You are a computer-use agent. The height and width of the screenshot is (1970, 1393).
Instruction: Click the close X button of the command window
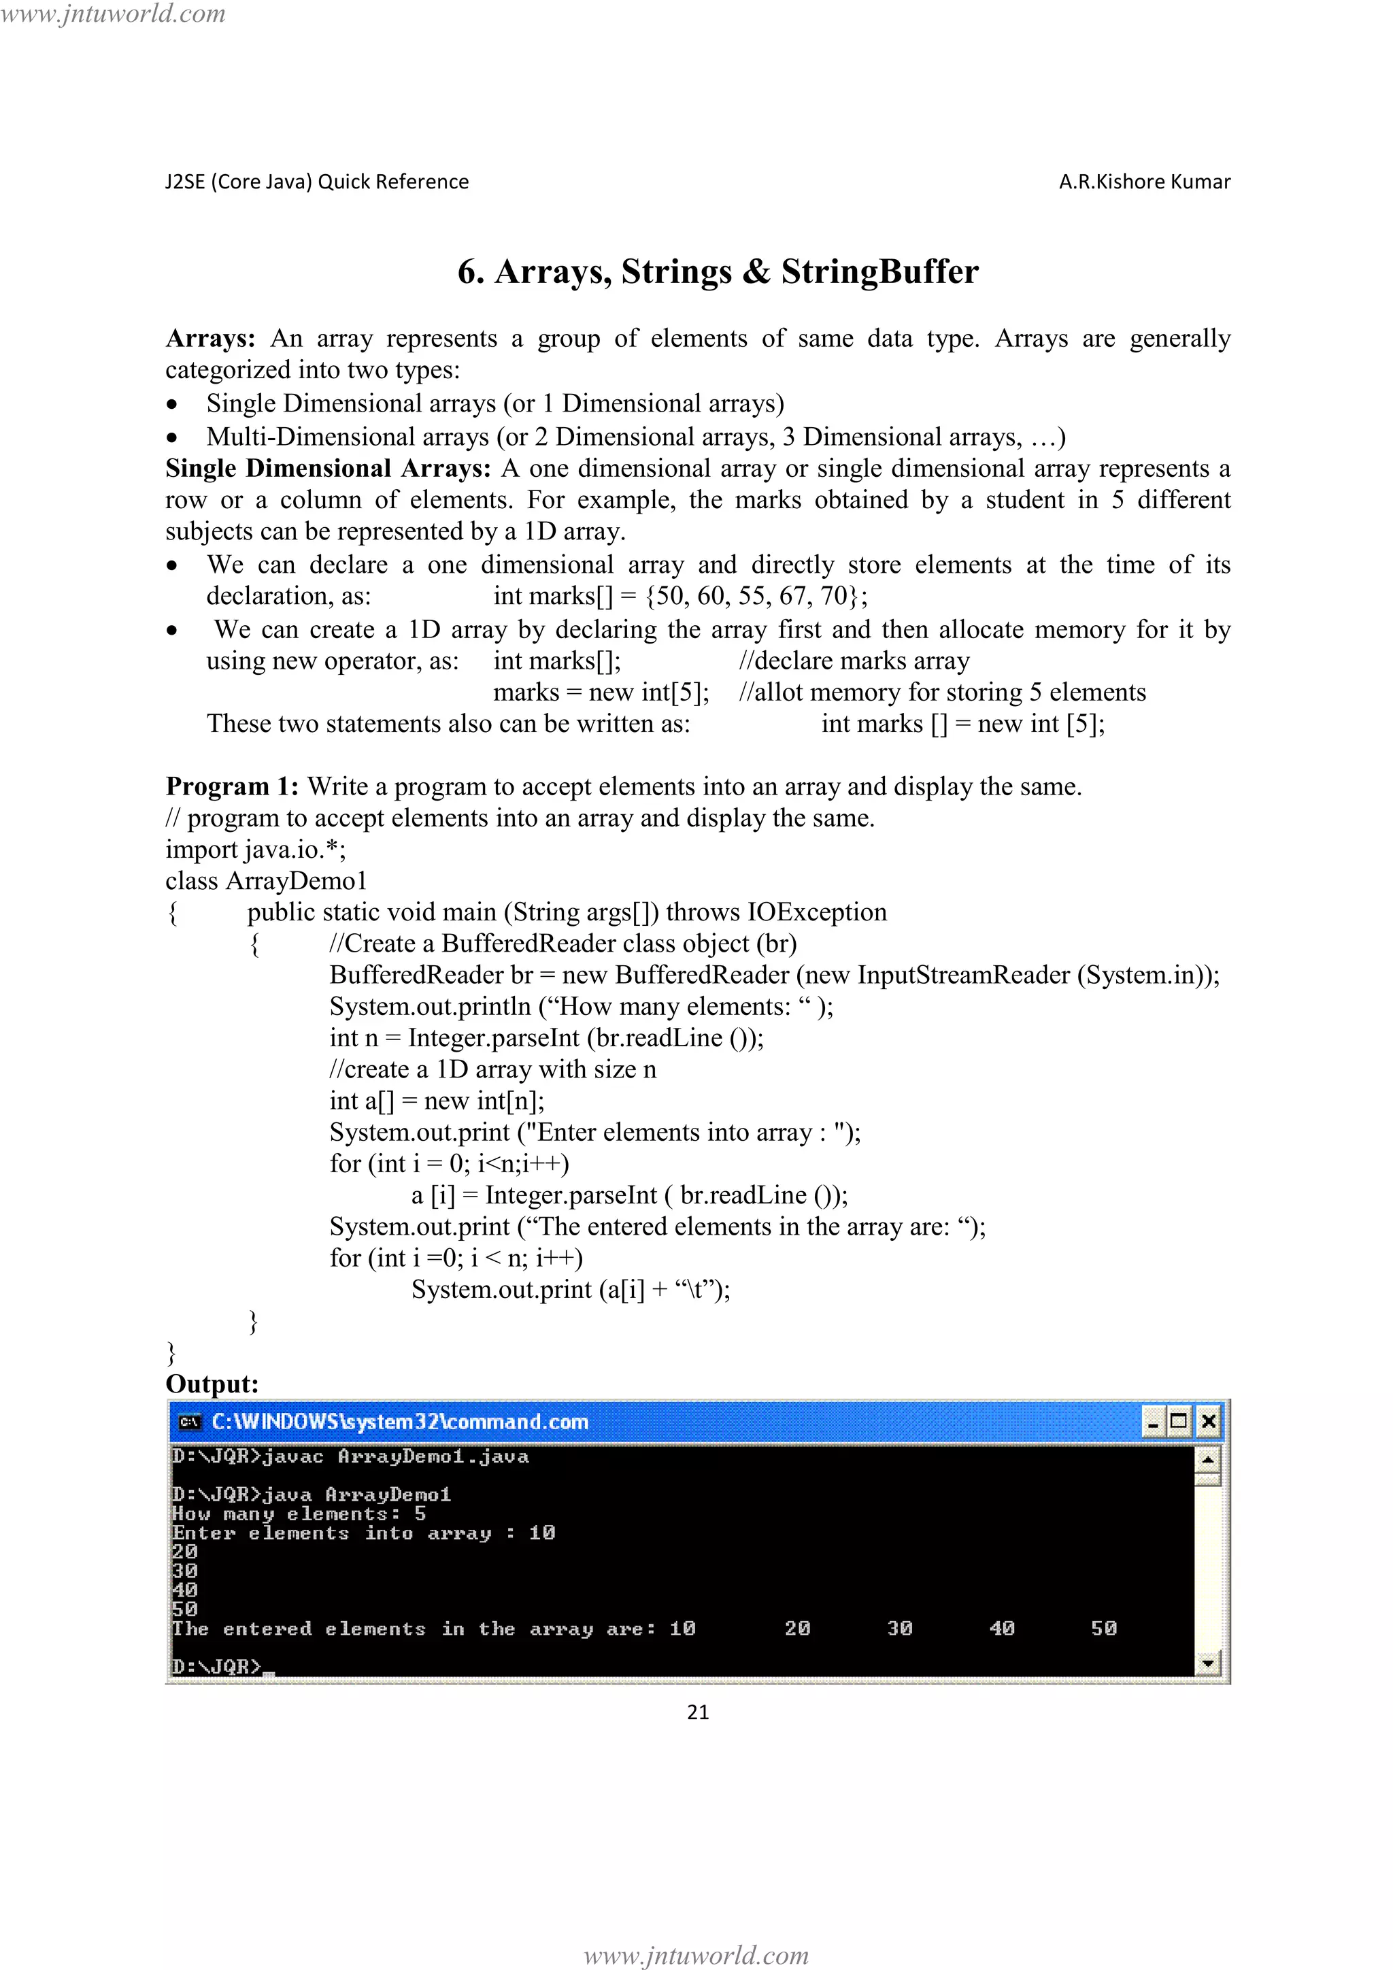[x=1208, y=1422]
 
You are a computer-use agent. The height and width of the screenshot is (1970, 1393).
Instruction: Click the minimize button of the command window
[x=1154, y=1422]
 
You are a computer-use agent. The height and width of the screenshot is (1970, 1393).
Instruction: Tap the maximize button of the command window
[x=1179, y=1422]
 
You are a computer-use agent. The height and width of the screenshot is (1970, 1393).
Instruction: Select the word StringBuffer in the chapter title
[x=879, y=271]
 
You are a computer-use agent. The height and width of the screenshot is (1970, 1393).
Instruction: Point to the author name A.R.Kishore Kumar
[x=1144, y=182]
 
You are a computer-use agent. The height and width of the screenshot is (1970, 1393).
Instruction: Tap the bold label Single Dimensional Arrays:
[x=328, y=469]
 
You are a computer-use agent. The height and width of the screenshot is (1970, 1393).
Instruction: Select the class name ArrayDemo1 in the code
[x=296, y=881]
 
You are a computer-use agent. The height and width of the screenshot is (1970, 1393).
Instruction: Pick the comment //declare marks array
[x=854, y=661]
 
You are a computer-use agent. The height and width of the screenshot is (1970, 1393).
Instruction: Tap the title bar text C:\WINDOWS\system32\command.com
[x=400, y=1422]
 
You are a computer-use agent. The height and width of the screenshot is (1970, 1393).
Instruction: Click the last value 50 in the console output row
[x=1104, y=1629]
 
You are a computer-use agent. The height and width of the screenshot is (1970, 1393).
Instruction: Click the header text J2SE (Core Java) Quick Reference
[x=316, y=182]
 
